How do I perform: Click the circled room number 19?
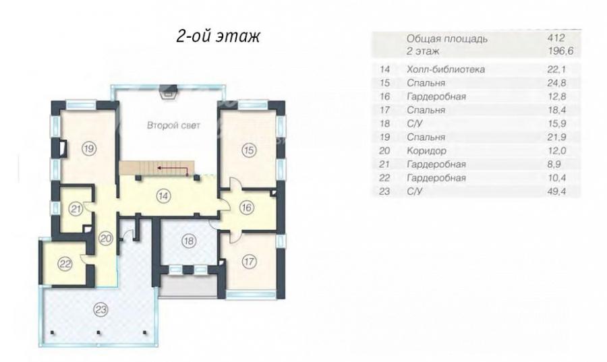[90, 148]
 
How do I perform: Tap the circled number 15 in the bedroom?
[248, 150]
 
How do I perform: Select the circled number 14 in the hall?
[163, 196]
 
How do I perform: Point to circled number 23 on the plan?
[100, 309]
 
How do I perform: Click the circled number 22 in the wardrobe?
[65, 264]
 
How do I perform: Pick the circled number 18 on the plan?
[189, 241]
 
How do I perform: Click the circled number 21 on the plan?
[76, 209]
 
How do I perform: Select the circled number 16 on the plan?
[246, 208]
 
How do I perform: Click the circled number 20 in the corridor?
[105, 238]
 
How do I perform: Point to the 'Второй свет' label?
[173, 125]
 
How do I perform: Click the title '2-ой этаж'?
[218, 36]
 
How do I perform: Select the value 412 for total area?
[556, 38]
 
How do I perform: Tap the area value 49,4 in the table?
[557, 191]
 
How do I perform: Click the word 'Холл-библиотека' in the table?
[446, 69]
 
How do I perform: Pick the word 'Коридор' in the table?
[426, 150]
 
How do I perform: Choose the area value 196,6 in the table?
[560, 51]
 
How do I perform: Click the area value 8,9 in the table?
[555, 164]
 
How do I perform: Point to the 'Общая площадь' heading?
[446, 38]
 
